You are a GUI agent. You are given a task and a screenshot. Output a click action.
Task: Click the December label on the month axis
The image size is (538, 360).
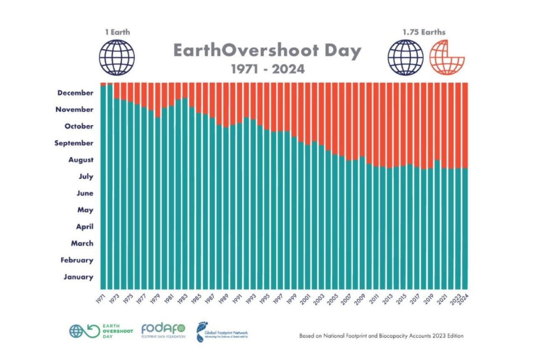click(75, 93)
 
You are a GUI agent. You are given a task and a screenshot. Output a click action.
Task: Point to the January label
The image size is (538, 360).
click(78, 277)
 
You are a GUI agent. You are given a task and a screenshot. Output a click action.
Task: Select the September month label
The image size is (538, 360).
click(74, 143)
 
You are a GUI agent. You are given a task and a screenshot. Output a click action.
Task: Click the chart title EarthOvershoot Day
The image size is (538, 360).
click(267, 51)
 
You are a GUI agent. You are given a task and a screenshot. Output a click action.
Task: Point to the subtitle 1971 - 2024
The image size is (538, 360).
click(268, 69)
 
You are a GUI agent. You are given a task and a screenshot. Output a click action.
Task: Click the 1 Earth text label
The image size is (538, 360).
click(117, 32)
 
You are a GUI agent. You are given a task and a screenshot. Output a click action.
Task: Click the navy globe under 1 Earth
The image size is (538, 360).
click(117, 58)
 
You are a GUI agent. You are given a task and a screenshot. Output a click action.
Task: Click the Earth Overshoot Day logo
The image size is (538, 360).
click(101, 331)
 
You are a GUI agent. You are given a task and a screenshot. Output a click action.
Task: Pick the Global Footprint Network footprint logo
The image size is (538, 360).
click(222, 331)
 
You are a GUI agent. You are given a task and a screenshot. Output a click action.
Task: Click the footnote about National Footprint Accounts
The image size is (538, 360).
click(381, 336)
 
